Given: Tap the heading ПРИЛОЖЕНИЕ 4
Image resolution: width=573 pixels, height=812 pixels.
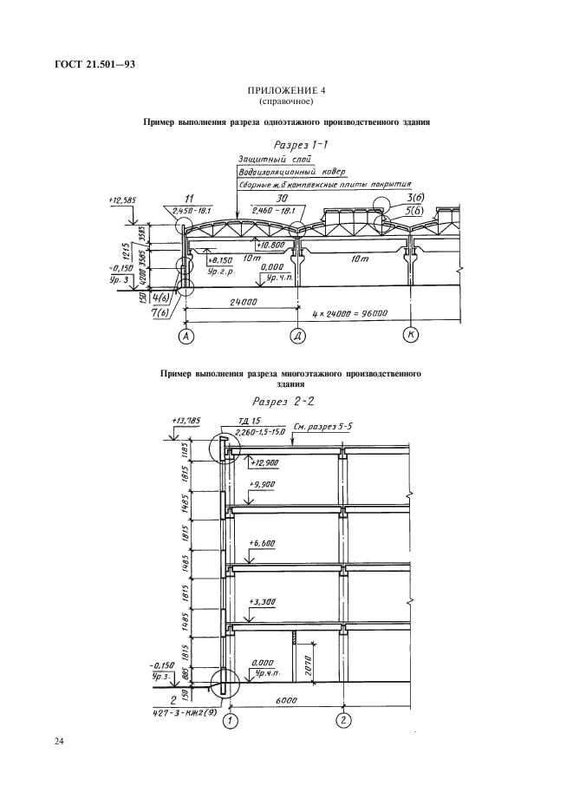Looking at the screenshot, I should (285, 90).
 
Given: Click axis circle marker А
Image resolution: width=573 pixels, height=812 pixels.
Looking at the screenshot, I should (186, 335).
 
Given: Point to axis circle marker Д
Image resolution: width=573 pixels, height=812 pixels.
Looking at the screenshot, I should (297, 335).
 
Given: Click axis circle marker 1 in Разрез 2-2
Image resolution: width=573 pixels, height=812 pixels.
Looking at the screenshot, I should (230, 718).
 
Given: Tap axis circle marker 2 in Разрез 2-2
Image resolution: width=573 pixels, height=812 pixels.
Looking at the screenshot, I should (344, 718).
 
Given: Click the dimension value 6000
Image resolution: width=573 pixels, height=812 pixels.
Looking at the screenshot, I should (287, 700).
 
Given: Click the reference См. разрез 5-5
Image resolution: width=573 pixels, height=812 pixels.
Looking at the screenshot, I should (322, 428).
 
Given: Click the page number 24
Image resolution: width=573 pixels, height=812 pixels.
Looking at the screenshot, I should (59, 742).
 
